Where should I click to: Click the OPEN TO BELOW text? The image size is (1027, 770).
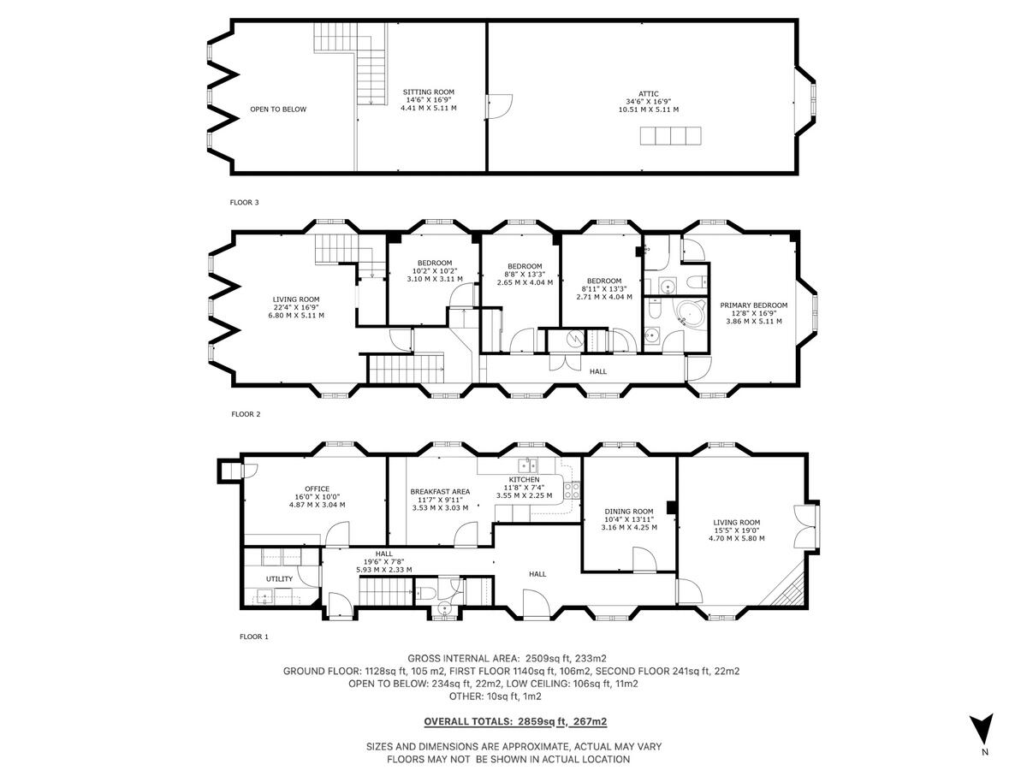[x=277, y=110]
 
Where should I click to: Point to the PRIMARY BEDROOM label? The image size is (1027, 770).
[x=753, y=305]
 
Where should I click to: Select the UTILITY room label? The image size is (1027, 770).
[x=279, y=579]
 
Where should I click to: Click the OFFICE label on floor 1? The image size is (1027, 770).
[x=317, y=489]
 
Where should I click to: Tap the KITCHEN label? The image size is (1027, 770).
[x=524, y=480]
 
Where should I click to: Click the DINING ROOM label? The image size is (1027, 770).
[x=629, y=511]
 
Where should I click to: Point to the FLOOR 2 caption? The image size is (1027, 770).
[x=246, y=414]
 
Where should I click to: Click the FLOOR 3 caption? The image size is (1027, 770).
[x=244, y=203]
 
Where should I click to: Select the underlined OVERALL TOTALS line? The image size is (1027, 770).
[x=515, y=722]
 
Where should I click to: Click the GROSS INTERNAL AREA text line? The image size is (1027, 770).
[x=508, y=658]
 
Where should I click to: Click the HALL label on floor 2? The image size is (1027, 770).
[x=597, y=371]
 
